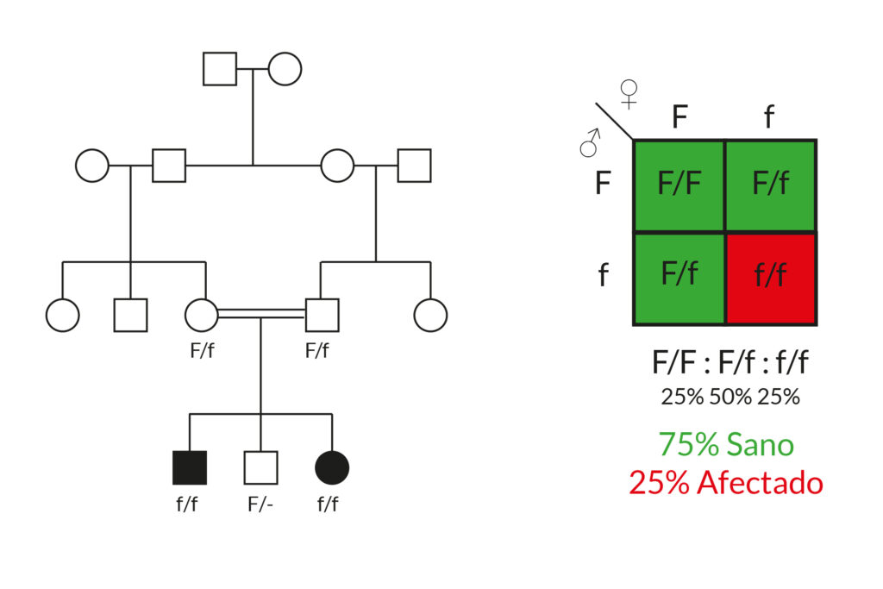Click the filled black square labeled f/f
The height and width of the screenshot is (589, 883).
tap(190, 467)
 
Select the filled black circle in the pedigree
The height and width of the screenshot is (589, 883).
tap(332, 467)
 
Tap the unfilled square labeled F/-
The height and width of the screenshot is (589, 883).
tap(260, 467)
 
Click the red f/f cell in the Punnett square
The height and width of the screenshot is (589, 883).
tap(771, 278)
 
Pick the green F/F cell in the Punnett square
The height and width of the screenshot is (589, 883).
tap(679, 185)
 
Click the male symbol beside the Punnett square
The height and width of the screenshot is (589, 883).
tap(591, 143)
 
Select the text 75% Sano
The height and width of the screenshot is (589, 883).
tap(726, 444)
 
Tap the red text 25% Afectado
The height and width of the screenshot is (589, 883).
tap(726, 483)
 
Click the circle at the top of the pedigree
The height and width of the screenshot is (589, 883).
tap(285, 69)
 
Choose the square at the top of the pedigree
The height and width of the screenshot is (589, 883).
tap(220, 69)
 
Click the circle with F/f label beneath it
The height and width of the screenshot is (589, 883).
tap(201, 316)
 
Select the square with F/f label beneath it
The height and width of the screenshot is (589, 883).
tap(322, 316)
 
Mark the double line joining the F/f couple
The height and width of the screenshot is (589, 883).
tap(261, 316)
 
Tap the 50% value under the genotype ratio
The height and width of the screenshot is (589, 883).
tap(730, 397)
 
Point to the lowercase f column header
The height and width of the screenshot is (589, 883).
tap(769, 116)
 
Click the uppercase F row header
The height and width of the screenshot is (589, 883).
tap(603, 184)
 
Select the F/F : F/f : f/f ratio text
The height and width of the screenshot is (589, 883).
tap(730, 363)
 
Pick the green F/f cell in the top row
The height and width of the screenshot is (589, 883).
tap(771, 185)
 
